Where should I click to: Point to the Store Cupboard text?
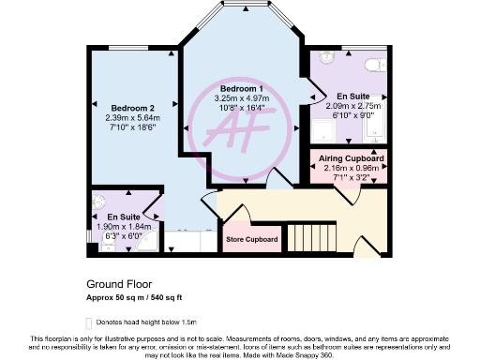pos(252,240)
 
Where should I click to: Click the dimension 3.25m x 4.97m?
pos(243,97)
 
